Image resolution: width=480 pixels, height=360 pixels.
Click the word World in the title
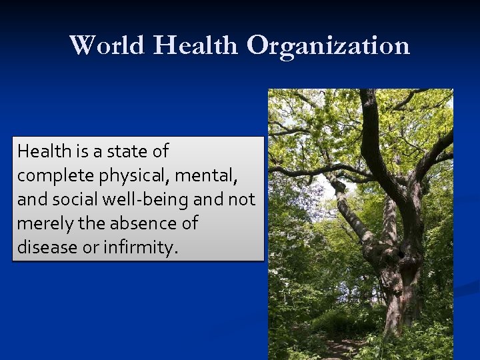(107, 45)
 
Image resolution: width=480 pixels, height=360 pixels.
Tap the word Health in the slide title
(196, 45)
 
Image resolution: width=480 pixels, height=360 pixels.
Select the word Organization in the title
(328, 45)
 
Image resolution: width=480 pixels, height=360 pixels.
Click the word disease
(43, 247)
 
